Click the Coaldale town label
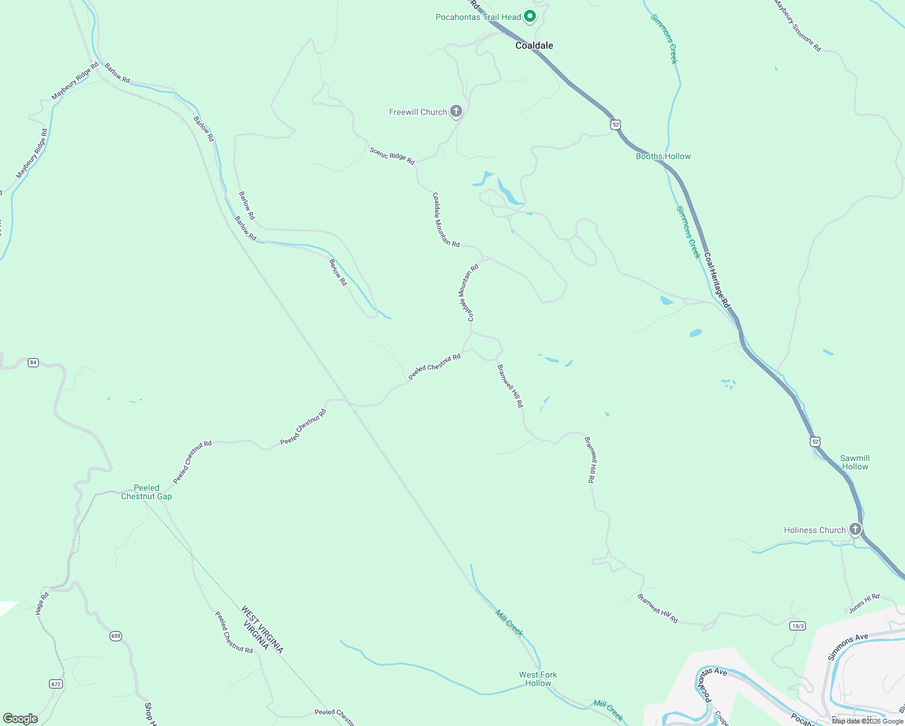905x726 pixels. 534,45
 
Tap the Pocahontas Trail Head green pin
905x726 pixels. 530,16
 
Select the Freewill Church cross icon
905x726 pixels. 457,111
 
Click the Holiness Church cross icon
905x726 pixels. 855,529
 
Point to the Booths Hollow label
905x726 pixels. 663,156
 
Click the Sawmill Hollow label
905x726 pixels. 855,462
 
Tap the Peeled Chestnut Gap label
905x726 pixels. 146,492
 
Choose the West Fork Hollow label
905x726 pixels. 538,679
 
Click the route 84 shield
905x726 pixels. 33,362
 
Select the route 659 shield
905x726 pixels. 116,636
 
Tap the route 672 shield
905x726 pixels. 56,684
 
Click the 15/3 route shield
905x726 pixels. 797,626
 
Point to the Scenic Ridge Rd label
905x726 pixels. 392,155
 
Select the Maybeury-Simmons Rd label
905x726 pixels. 798,25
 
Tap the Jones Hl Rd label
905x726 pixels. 864,603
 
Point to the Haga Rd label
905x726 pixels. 42,604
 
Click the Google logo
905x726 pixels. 21,719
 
